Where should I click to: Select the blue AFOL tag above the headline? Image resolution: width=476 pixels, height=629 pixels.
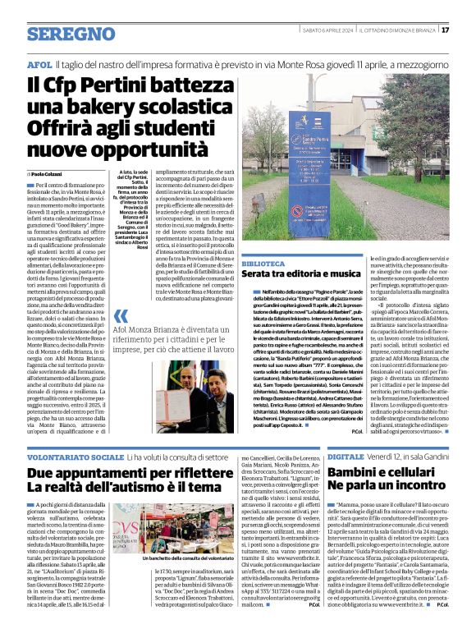pyautogui.click(x=39, y=63)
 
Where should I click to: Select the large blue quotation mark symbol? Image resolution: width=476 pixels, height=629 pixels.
pyautogui.click(x=124, y=317)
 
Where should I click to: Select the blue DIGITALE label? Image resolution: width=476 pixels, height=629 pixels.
pyautogui.click(x=346, y=455)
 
